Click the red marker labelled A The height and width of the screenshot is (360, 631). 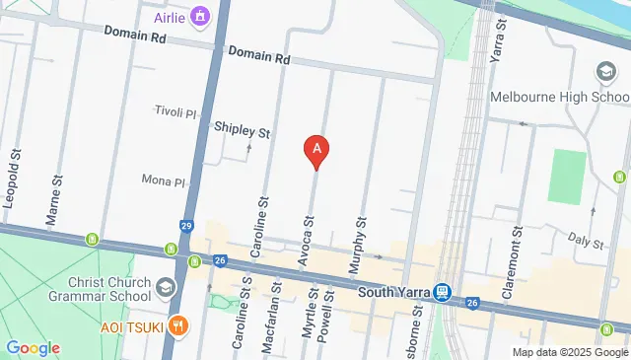pyautogui.click(x=316, y=150)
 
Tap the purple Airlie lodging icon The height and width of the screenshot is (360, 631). pyautogui.click(x=201, y=17)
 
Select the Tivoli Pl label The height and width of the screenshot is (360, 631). pyautogui.click(x=178, y=111)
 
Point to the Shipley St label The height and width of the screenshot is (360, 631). pyautogui.click(x=243, y=130)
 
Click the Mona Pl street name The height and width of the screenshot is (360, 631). pyautogui.click(x=164, y=181)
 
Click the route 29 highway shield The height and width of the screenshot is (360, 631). pyautogui.click(x=186, y=226)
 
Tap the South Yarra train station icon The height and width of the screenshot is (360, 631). pyautogui.click(x=443, y=292)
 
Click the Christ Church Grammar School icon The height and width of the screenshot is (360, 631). pyautogui.click(x=166, y=288)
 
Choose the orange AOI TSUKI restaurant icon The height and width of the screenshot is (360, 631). pyautogui.click(x=177, y=325)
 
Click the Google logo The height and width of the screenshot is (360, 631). pyautogui.click(x=33, y=348)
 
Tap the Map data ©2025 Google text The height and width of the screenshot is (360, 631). pyautogui.click(x=570, y=352)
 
